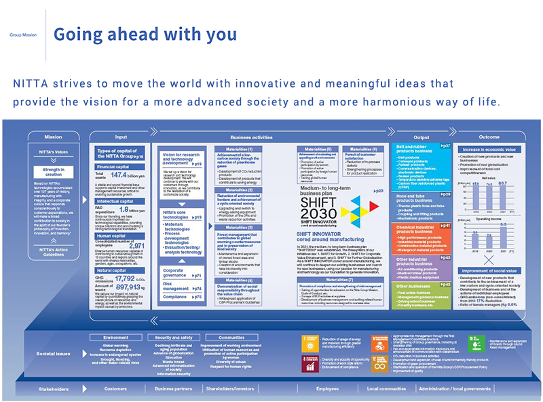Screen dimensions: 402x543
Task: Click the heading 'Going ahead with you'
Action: pyautogui.click(x=145, y=34)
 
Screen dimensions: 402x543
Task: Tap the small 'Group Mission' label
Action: pyautogui.click(x=23, y=35)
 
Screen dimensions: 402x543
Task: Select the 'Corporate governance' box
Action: pyautogui.click(x=176, y=272)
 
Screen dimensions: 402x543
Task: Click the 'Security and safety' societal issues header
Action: pyautogui.click(x=173, y=337)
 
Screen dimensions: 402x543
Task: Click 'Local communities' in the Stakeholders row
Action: pyautogui.click(x=386, y=389)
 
